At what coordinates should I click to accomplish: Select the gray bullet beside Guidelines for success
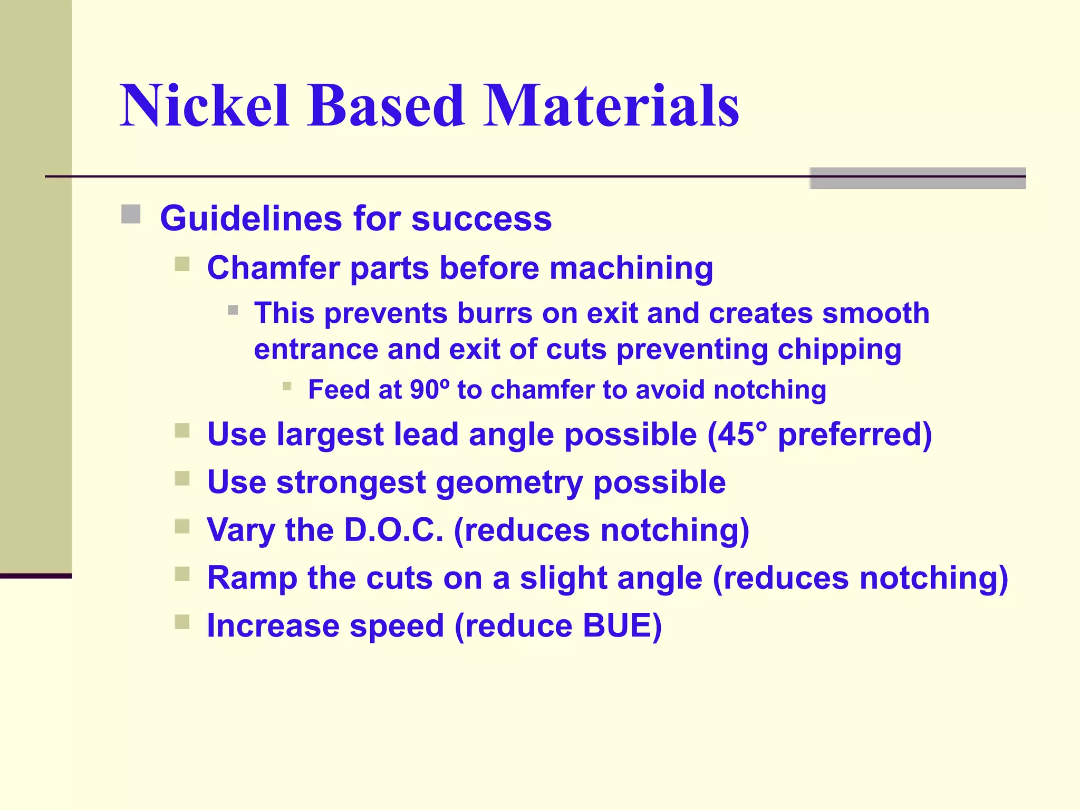pyautogui.click(x=131, y=215)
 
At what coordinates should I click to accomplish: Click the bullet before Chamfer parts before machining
pyautogui.click(x=182, y=264)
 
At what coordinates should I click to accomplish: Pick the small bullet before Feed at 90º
pyautogui.click(x=287, y=386)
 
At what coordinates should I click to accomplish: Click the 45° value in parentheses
pyautogui.click(x=740, y=435)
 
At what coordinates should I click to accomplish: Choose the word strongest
pyautogui.click(x=351, y=483)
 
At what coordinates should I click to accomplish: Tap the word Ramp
pyautogui.click(x=252, y=578)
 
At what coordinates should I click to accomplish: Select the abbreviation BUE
pyautogui.click(x=616, y=626)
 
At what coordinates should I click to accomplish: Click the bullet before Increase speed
pyautogui.click(x=182, y=622)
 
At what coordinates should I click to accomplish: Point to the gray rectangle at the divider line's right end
pyautogui.click(x=917, y=178)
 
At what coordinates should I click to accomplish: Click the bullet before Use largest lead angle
pyautogui.click(x=182, y=431)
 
